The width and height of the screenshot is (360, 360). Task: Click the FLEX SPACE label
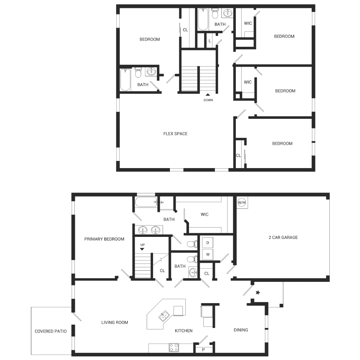point(175,134)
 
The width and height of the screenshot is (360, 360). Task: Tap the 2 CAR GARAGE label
point(283,237)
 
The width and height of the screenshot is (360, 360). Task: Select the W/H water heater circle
point(242,202)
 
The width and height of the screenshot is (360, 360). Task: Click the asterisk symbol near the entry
point(258,293)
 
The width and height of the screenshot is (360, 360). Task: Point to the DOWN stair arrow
point(208,94)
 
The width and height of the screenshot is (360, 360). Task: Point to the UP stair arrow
point(142,249)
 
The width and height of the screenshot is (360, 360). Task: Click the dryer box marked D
point(208,243)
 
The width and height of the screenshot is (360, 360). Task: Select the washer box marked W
point(208,255)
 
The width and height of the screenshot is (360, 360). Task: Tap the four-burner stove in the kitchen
point(174,347)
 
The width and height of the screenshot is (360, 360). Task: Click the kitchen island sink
point(164,316)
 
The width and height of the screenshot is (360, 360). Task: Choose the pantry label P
point(203,350)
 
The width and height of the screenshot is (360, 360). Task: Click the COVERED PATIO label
point(50,331)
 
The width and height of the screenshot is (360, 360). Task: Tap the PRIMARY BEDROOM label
point(104,239)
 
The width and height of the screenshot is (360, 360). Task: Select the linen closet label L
point(210,41)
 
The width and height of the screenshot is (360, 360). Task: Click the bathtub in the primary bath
point(146,202)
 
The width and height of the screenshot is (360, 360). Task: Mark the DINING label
point(241,330)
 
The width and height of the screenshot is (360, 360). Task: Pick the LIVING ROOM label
point(115,322)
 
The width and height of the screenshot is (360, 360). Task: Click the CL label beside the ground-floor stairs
point(162,271)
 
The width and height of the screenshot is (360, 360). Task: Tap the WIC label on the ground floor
point(204,215)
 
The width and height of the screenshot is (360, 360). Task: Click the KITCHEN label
point(184,330)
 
